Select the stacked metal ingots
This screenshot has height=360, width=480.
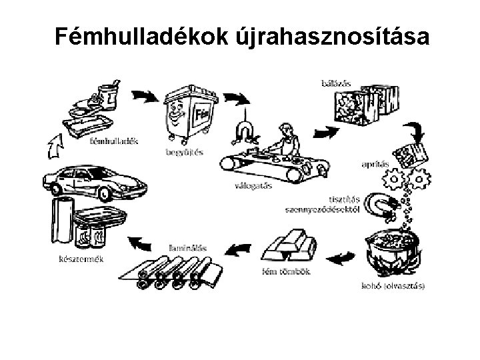[290, 247]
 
